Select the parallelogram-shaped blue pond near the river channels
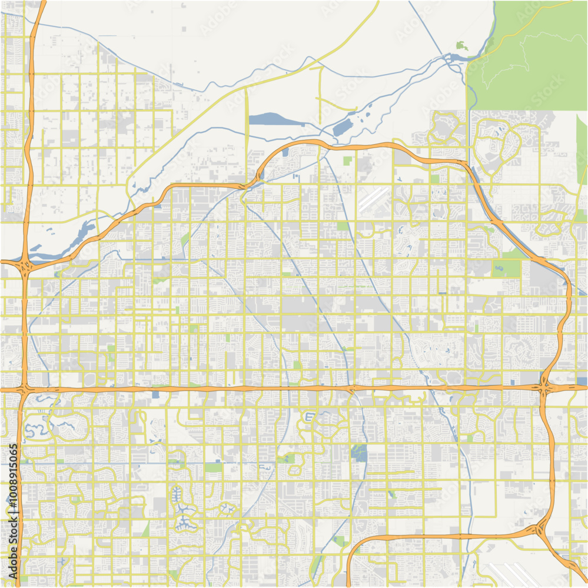pyautogui.click(x=341, y=128)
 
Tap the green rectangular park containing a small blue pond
pyautogui.click(x=506, y=268)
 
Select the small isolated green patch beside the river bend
pyautogui.click(x=461, y=45)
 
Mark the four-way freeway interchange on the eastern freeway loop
pyautogui.click(x=545, y=387)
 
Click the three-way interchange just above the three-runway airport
pyautogui.click(x=540, y=529)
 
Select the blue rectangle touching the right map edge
pyautogui.click(x=582, y=382)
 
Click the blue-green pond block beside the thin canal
pyautogui.click(x=358, y=452)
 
